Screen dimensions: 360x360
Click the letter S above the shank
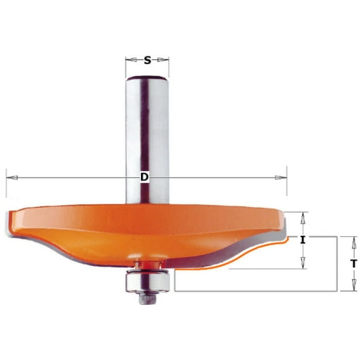(x=147, y=60)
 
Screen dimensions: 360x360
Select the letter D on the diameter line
(x=144, y=177)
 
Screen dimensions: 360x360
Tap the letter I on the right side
(x=302, y=240)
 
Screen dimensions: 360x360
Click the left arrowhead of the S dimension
(x=130, y=60)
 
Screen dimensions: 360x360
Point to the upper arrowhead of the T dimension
(x=352, y=241)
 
